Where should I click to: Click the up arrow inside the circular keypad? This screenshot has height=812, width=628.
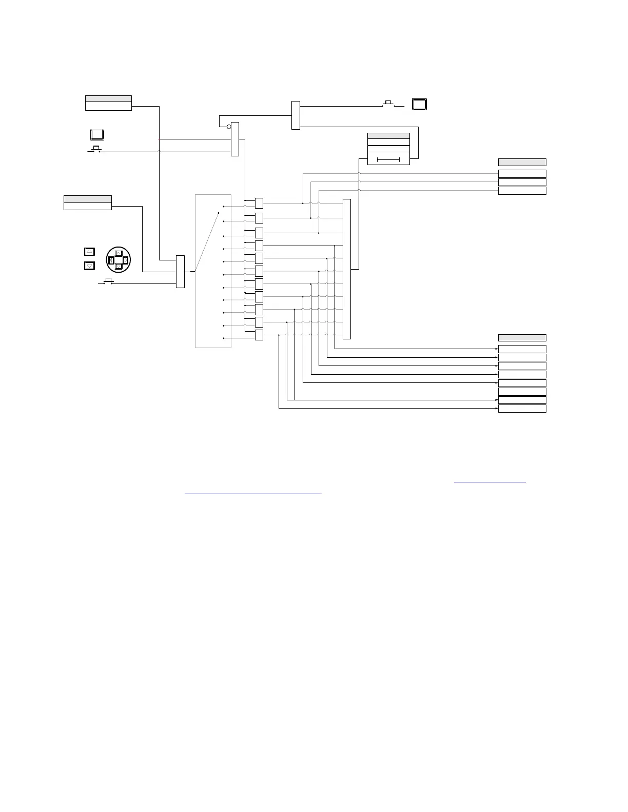119,253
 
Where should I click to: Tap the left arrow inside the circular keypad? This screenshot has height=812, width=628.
111,260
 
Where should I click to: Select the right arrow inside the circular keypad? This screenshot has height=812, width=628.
125,260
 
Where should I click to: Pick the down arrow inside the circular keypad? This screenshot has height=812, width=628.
119,267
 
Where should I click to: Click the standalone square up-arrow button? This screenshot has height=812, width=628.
89,252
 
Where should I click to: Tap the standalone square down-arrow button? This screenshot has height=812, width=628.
89,266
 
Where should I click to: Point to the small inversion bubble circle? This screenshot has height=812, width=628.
229,126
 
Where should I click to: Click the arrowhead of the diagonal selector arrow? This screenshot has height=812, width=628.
219,211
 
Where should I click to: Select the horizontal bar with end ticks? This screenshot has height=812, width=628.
388,160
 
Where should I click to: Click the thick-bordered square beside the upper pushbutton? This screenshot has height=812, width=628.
420,105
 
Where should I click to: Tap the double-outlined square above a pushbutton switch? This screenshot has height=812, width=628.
97,135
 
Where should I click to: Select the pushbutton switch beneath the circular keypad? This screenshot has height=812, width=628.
108,281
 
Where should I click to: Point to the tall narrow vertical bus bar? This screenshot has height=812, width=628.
347,269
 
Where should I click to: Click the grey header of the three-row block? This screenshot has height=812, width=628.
522,162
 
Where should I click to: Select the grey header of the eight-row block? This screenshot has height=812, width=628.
522,337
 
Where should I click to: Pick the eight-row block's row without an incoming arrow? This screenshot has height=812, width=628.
522,392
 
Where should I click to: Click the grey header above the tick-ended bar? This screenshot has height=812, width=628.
388,135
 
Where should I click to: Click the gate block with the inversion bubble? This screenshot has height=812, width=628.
235,139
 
